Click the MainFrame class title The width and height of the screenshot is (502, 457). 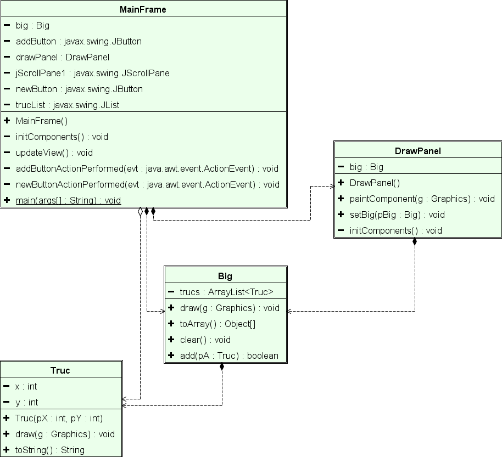(x=143, y=9)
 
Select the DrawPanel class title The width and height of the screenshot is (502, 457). (x=418, y=151)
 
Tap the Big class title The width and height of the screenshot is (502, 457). (x=225, y=276)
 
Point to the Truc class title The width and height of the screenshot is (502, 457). (x=60, y=370)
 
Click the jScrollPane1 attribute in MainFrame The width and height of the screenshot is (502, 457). (x=92, y=73)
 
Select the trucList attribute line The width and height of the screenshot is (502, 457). (x=68, y=105)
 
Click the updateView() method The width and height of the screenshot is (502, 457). (x=54, y=153)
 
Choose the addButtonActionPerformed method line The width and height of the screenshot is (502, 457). (x=147, y=168)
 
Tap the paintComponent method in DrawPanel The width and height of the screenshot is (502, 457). (x=422, y=199)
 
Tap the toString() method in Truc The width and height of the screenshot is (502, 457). (x=49, y=450)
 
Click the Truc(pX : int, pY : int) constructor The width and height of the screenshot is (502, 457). (x=59, y=418)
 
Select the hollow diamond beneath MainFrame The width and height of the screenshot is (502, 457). (x=141, y=212)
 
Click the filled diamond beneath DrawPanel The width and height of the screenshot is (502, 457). (x=415, y=242)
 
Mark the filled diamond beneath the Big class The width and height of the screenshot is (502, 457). (x=222, y=367)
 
